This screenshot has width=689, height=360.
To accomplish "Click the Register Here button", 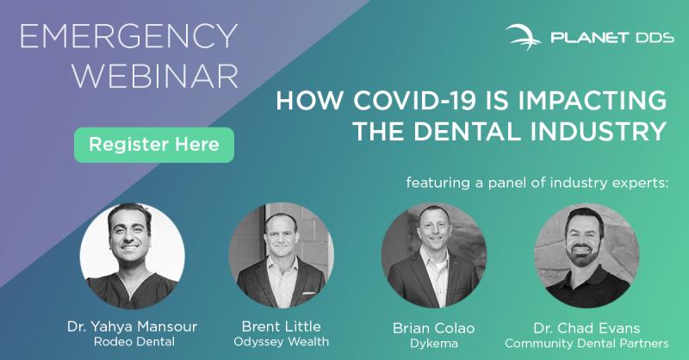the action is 154,145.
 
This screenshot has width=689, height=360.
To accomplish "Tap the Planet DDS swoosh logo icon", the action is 524,37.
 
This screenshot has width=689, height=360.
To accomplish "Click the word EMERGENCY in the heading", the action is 128,36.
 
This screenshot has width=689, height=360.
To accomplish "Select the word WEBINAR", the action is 155,76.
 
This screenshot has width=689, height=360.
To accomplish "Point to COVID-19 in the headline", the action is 415,101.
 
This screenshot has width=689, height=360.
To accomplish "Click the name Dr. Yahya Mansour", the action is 133,326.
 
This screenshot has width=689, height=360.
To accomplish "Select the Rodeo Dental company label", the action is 134,342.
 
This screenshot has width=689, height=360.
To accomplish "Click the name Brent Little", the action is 282,326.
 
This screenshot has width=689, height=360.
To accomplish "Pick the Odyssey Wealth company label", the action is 282,342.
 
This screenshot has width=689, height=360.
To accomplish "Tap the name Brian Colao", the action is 434,328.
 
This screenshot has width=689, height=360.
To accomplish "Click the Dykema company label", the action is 434,344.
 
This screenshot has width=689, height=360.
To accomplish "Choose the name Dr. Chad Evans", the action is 587,328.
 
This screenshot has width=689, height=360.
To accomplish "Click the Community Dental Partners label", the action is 587,344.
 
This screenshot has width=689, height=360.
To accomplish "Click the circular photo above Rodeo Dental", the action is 133,256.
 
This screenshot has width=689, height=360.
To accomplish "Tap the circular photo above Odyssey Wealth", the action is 282,256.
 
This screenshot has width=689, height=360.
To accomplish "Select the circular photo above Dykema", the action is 434,256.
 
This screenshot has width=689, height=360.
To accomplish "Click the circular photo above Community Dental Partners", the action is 587,256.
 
